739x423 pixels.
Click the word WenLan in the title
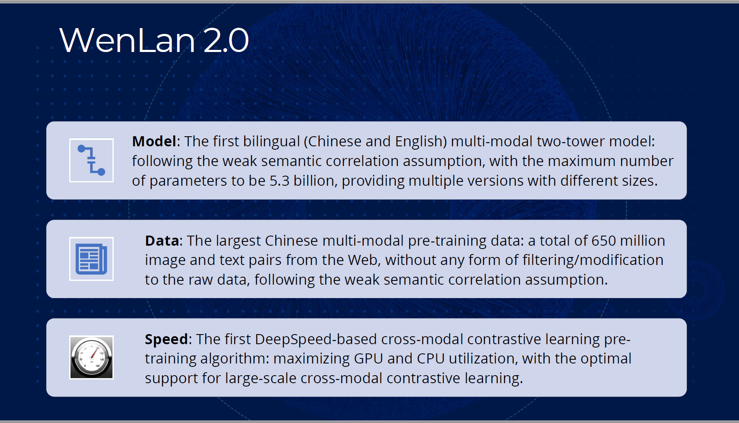pos(128,40)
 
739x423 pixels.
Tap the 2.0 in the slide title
pos(226,40)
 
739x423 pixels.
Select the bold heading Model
pos(154,141)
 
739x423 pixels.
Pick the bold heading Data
pos(162,241)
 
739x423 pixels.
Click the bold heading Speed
pos(167,340)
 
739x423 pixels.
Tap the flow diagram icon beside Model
pos(91,160)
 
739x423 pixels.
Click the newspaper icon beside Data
pos(91,259)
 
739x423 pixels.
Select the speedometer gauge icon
pos(91,357)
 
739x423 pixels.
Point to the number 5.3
pos(279,181)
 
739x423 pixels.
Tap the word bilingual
pos(272,141)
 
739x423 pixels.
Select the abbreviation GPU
pos(368,359)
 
